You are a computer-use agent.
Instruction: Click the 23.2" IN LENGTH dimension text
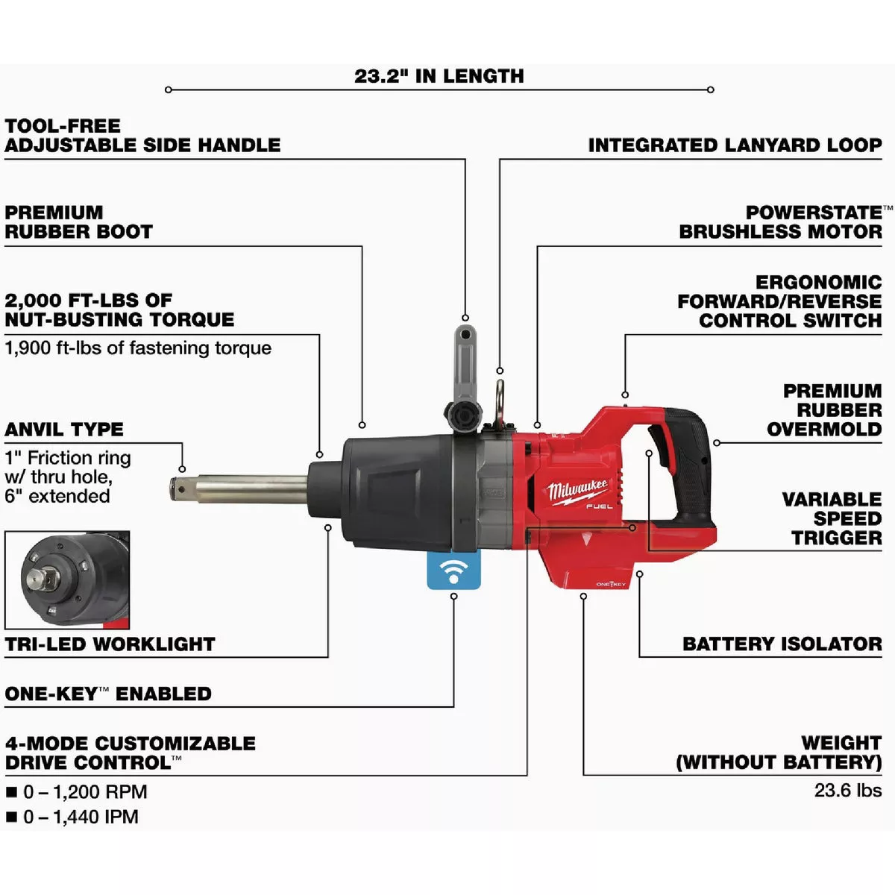pyautogui.click(x=439, y=76)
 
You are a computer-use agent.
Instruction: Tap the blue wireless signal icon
pyautogui.click(x=453, y=571)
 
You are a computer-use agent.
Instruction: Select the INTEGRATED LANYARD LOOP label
pyautogui.click(x=735, y=145)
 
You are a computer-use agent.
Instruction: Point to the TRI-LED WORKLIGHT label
pyautogui.click(x=110, y=644)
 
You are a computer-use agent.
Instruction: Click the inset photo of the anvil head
pyautogui.click(x=67, y=580)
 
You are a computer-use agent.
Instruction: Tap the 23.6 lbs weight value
pyautogui.click(x=847, y=790)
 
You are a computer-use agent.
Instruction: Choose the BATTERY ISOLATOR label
pyautogui.click(x=782, y=644)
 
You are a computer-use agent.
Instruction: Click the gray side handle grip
pyautogui.click(x=465, y=360)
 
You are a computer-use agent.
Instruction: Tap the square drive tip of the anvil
pyautogui.click(x=180, y=489)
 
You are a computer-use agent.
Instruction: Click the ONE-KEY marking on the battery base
pyautogui.click(x=611, y=584)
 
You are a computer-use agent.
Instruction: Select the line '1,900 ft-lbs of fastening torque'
pyautogui.click(x=138, y=348)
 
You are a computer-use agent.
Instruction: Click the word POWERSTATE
pyautogui.click(x=814, y=213)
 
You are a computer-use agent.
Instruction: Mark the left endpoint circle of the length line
pyautogui.click(x=168, y=89)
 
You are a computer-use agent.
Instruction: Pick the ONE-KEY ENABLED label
pyautogui.click(x=108, y=694)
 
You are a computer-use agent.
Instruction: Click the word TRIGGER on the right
pyautogui.click(x=837, y=538)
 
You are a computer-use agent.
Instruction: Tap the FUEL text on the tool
pyautogui.click(x=599, y=506)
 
